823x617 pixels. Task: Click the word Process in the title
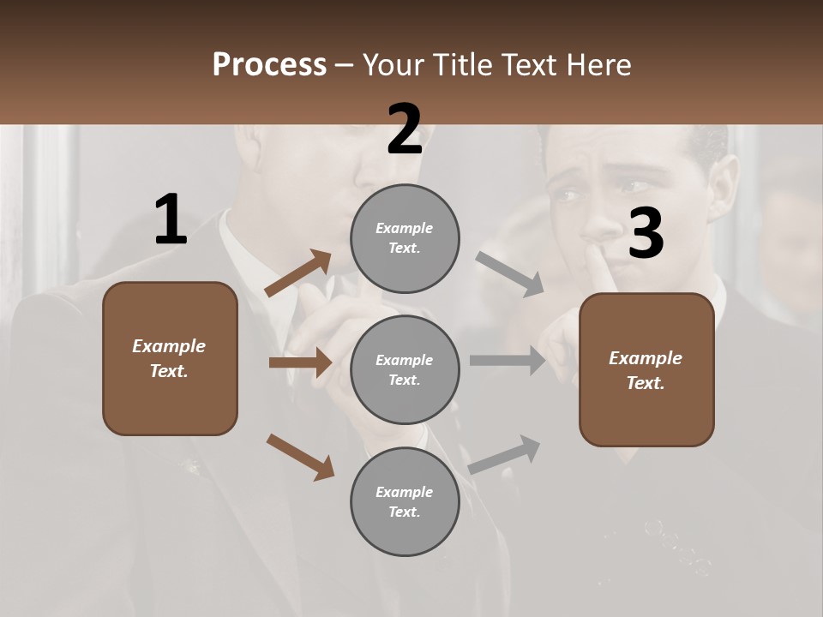(269, 65)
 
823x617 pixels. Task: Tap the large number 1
(171, 220)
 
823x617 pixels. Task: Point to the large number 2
(405, 129)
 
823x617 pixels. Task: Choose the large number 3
(646, 233)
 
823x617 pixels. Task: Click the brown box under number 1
(170, 358)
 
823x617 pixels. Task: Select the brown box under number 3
(646, 370)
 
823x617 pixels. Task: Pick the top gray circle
(405, 238)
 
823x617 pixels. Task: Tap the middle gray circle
(405, 369)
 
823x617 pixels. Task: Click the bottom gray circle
(405, 501)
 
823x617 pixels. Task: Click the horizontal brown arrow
(300, 362)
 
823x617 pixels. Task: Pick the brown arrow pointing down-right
(300, 456)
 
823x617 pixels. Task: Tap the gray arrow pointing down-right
(509, 270)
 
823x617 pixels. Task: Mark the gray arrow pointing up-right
(504, 455)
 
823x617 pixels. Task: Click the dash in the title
(345, 65)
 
